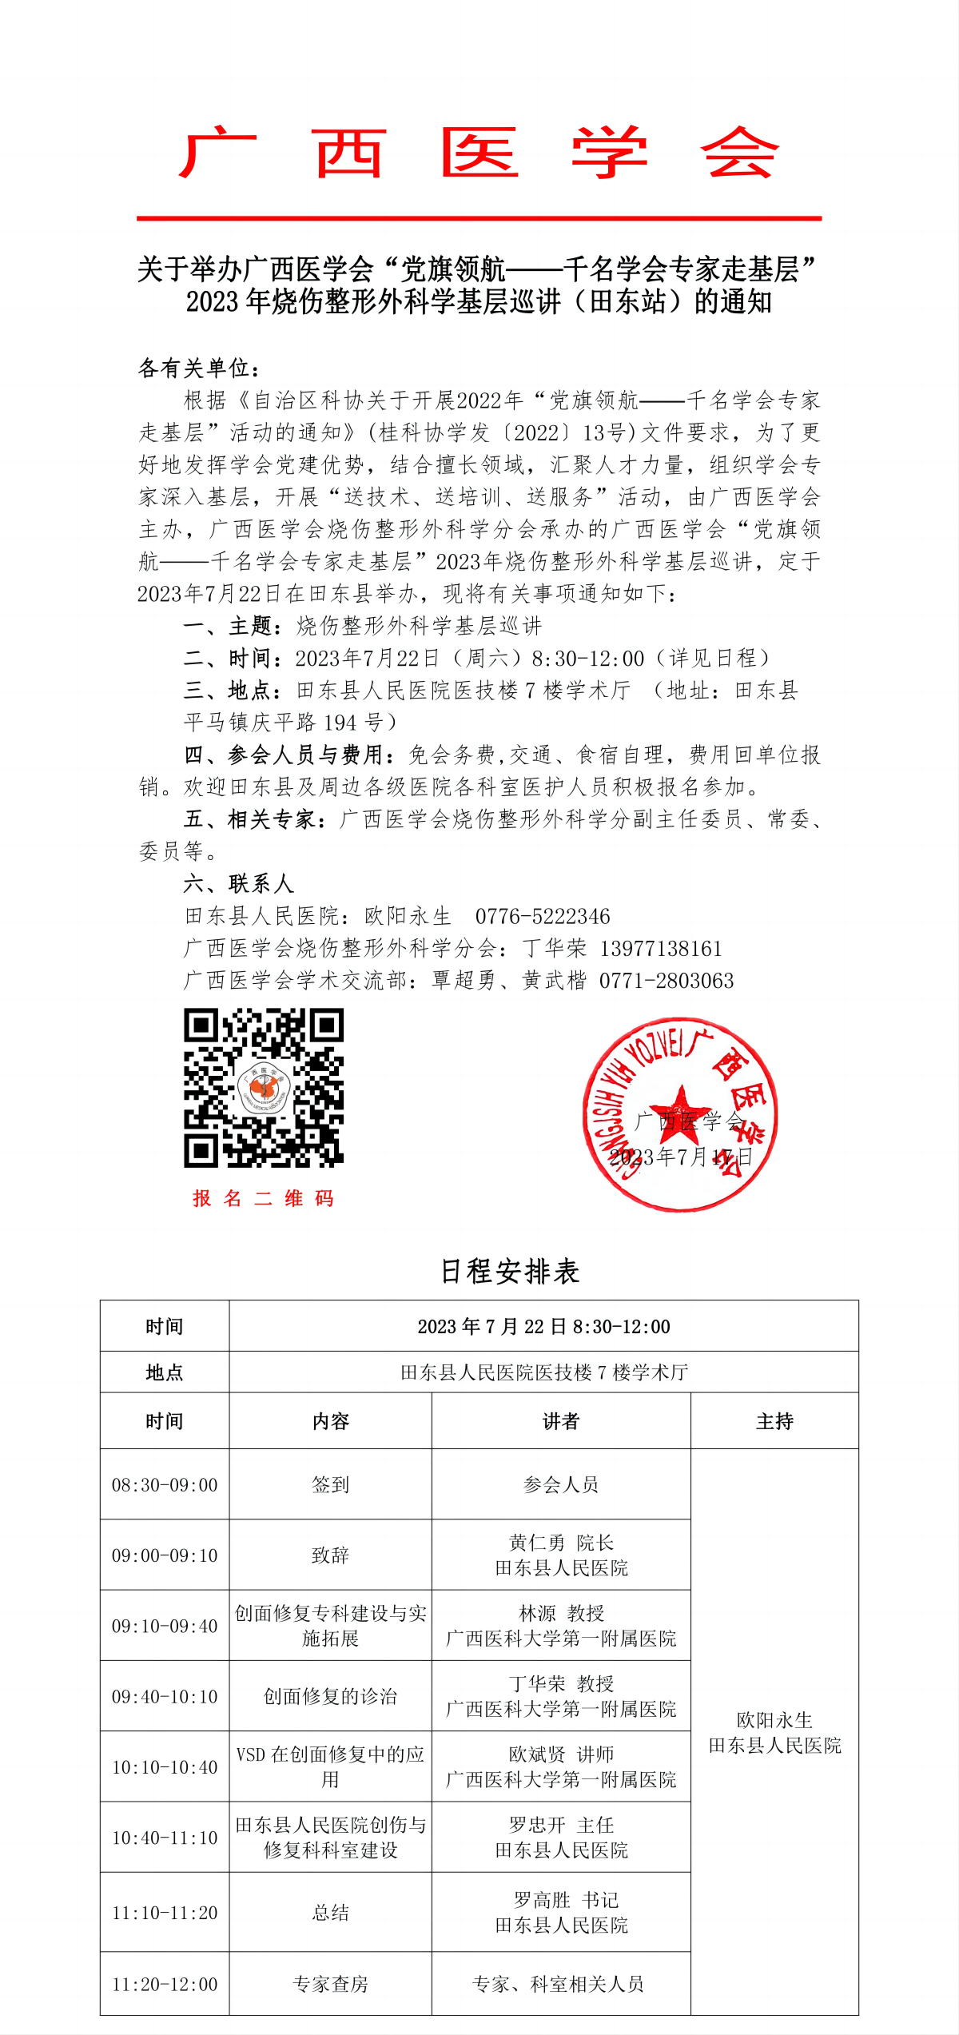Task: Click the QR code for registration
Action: (264, 1087)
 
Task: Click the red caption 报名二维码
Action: (263, 1198)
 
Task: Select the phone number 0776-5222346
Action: (543, 916)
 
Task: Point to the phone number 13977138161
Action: (661, 949)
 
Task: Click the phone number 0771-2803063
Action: (667, 981)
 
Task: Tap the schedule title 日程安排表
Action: (510, 1272)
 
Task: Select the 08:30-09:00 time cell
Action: (165, 1485)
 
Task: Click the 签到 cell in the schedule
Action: (330, 1485)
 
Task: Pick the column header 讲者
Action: (560, 1421)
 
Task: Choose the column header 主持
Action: (774, 1421)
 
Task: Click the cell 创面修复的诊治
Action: (330, 1697)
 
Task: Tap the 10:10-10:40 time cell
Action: (165, 1767)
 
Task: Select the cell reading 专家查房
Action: (330, 1984)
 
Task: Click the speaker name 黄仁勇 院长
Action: (561, 1543)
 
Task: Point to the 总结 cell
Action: (330, 1913)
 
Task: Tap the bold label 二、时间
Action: (232, 659)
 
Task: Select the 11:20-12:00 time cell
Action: (165, 1984)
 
